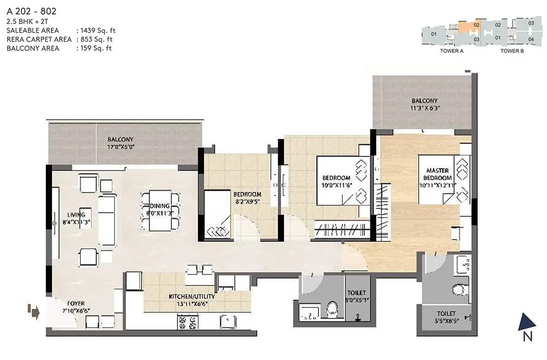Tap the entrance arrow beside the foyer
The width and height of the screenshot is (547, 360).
pyautogui.click(x=33, y=312)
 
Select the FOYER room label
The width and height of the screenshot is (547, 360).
pyautogui.click(x=76, y=303)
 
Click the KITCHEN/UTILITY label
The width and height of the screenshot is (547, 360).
pyautogui.click(x=187, y=297)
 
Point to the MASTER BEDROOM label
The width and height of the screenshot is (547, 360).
pyautogui.click(x=438, y=175)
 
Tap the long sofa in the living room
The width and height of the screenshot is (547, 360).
pyautogui.click(x=107, y=220)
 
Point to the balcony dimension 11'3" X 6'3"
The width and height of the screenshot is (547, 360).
pyautogui.click(x=424, y=108)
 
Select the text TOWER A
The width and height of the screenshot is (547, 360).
pyautogui.click(x=452, y=51)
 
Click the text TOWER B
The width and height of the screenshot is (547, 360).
pyautogui.click(x=512, y=51)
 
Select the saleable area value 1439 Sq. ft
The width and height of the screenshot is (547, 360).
pyautogui.click(x=96, y=31)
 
